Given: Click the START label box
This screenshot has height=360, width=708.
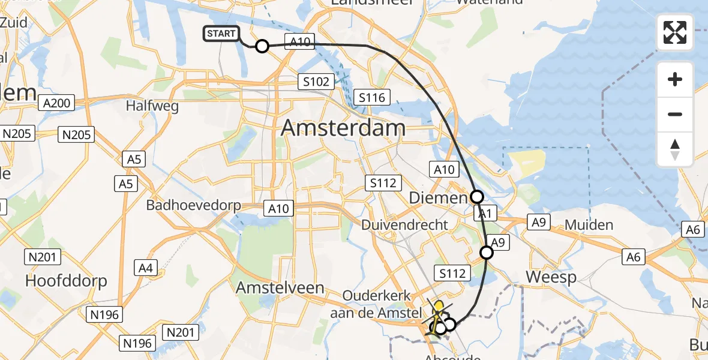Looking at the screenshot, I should click(221, 34).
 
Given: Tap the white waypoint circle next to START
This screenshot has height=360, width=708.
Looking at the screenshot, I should click(262, 46).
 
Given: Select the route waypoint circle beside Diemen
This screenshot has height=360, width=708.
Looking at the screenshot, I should click(476, 196).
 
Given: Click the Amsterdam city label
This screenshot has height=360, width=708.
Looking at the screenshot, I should click(343, 127).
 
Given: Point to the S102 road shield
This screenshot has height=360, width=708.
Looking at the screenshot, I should click(316, 82).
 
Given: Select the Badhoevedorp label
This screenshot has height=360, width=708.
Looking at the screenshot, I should click(193, 205).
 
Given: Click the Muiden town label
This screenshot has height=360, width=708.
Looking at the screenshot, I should click(589, 225).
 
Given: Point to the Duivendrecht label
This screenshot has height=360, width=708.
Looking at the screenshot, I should click(404, 225).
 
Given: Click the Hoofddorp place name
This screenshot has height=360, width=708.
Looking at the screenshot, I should click(66, 280).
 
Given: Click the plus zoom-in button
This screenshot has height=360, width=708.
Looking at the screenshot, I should click(675, 79).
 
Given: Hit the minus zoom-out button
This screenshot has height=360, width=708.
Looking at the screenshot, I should click(675, 114).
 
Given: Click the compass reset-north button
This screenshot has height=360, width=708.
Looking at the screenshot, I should click(675, 149).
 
